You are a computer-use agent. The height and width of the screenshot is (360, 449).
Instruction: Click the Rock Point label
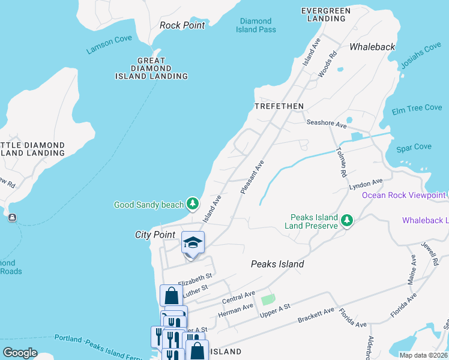[x=182, y=25]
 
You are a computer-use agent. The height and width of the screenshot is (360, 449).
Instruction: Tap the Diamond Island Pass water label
[x=256, y=25]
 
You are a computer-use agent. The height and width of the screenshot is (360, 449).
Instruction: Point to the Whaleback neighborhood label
[x=372, y=46]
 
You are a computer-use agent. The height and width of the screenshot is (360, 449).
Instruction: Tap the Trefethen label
[x=279, y=106]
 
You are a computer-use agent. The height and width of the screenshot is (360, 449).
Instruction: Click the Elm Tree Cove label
[x=417, y=108]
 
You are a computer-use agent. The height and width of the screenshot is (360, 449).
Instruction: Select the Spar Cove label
[x=414, y=147]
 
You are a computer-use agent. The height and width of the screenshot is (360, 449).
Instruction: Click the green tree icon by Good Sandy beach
[x=193, y=205]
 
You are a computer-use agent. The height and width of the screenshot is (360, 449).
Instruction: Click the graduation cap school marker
[x=193, y=243]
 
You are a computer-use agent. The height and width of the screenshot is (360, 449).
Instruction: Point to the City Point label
[x=155, y=235]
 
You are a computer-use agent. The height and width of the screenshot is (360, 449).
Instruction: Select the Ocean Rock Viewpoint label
[x=403, y=195]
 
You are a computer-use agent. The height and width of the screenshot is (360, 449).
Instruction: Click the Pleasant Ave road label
[x=252, y=176]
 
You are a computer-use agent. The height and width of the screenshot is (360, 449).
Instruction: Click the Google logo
[x=20, y=353]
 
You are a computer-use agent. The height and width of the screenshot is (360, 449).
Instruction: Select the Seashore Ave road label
[x=327, y=124]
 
